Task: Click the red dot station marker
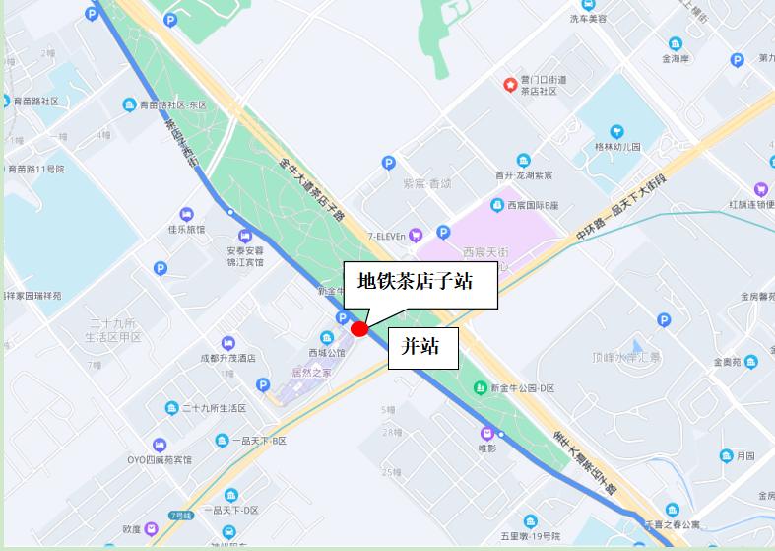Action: point(359,329)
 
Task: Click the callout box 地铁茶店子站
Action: point(415,282)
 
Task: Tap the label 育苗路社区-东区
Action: point(171,105)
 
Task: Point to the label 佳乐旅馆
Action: point(186,229)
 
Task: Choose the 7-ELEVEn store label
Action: point(387,235)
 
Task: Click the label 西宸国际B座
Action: point(533,205)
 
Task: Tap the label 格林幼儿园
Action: point(617,146)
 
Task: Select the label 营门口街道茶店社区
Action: point(539,85)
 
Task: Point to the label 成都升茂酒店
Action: point(227,357)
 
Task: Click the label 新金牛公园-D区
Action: point(521,388)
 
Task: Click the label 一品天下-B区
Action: point(259,441)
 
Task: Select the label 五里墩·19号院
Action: point(530,536)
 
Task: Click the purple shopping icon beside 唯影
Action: point(486,433)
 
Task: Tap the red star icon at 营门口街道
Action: point(509,85)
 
